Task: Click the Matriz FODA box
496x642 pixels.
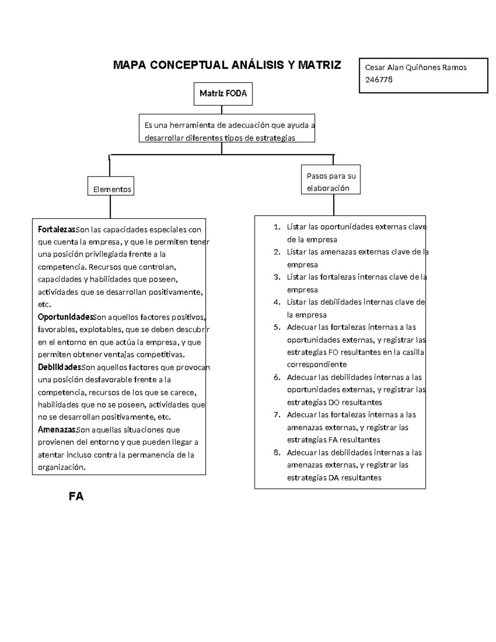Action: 223,94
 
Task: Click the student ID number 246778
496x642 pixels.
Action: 379,80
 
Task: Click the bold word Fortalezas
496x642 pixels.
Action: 57,229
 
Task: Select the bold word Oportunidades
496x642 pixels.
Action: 65,317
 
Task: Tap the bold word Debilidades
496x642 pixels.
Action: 60,367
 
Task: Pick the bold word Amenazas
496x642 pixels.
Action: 57,430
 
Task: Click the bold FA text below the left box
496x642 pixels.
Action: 76,496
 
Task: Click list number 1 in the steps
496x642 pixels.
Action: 277,227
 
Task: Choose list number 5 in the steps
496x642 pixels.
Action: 277,327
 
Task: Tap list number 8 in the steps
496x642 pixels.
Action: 277,452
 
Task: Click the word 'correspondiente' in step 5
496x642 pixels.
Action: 317,365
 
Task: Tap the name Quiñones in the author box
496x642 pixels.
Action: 419,67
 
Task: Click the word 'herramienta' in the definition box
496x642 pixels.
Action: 195,125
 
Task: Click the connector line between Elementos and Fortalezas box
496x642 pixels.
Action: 110,207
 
